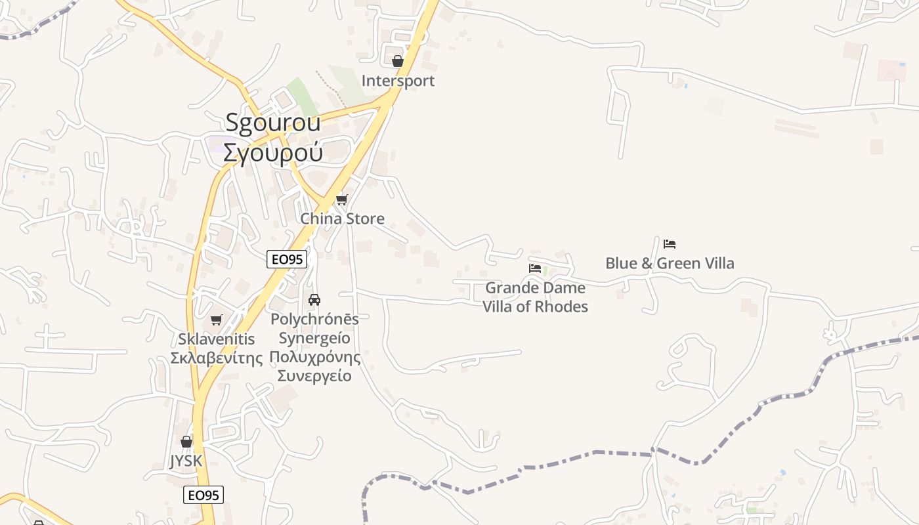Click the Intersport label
pyautogui.click(x=398, y=81)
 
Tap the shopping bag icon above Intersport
pyautogui.click(x=397, y=61)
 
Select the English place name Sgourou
pyautogui.click(x=272, y=123)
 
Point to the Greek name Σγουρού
pyautogui.click(x=272, y=152)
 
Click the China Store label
pyautogui.click(x=342, y=219)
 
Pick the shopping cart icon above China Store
pyautogui.click(x=341, y=199)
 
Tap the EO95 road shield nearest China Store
pyautogui.click(x=287, y=259)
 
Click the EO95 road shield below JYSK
pyautogui.click(x=203, y=495)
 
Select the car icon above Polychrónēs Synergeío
pyautogui.click(x=314, y=300)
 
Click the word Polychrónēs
pyautogui.click(x=314, y=319)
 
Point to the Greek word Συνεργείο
pyautogui.click(x=314, y=376)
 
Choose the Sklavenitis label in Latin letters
pyautogui.click(x=216, y=339)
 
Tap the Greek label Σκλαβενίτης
pyautogui.click(x=216, y=358)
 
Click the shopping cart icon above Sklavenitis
pyautogui.click(x=216, y=320)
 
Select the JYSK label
pyautogui.click(x=186, y=461)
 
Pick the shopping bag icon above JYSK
pyautogui.click(x=186, y=442)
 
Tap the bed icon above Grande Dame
pyautogui.click(x=535, y=268)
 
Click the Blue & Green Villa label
pyautogui.click(x=670, y=263)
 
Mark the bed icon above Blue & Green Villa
pyautogui.click(x=670, y=244)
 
